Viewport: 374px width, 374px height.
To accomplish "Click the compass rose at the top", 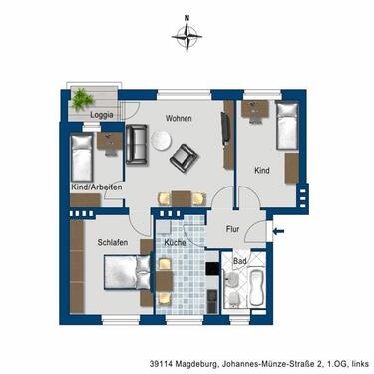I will click(x=187, y=38).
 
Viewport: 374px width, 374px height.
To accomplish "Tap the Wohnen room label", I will click(x=180, y=119).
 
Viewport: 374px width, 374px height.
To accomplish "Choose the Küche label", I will click(x=177, y=241).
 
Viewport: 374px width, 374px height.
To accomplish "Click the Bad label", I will click(x=239, y=263).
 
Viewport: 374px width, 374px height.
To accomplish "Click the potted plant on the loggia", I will click(x=80, y=96).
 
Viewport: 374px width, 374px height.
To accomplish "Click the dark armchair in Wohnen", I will click(x=185, y=157).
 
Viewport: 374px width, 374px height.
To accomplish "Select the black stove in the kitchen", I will click(x=211, y=266).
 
